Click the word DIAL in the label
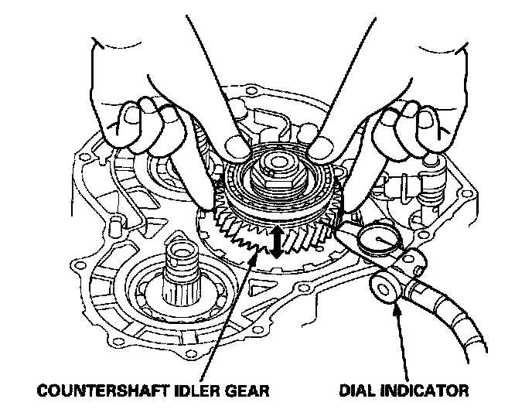click(x=361, y=390)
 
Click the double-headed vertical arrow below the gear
click(x=275, y=242)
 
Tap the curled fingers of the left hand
click(x=147, y=124)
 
